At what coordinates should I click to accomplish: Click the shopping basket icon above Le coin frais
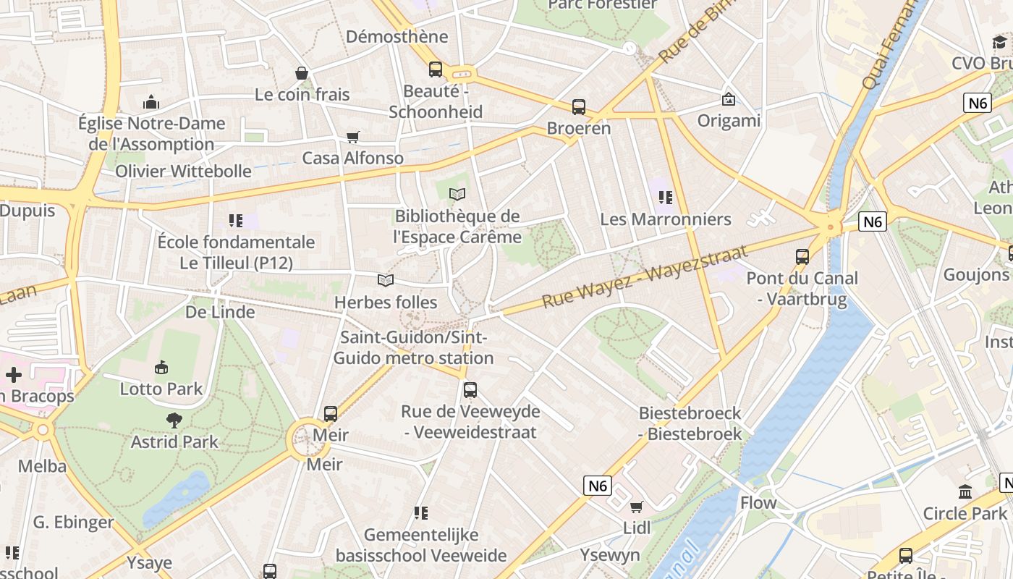pyautogui.click(x=302, y=73)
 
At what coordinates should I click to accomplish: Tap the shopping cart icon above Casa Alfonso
pyautogui.click(x=353, y=137)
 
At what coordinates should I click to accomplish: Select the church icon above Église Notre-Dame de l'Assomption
pyautogui.click(x=151, y=101)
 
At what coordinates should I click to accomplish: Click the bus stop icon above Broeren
pyautogui.click(x=579, y=107)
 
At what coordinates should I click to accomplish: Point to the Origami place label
pyautogui.click(x=729, y=120)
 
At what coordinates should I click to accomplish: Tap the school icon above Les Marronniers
pyautogui.click(x=666, y=197)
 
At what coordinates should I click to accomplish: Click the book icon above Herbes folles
pyautogui.click(x=386, y=280)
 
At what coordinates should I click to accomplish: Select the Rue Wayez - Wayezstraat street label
pyautogui.click(x=644, y=276)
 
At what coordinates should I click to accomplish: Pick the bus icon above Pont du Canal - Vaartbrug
pyautogui.click(x=802, y=256)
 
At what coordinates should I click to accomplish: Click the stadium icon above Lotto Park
pyautogui.click(x=161, y=367)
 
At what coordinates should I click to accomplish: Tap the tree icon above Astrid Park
pyautogui.click(x=174, y=420)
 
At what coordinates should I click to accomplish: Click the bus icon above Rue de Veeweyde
pyautogui.click(x=470, y=390)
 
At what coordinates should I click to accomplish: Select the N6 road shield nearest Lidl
pyautogui.click(x=598, y=486)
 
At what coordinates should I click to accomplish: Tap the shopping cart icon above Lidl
pyautogui.click(x=637, y=507)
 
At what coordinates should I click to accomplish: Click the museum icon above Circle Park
pyautogui.click(x=965, y=492)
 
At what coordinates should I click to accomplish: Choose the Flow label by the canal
pyautogui.click(x=758, y=502)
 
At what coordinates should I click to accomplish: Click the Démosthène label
pyautogui.click(x=397, y=36)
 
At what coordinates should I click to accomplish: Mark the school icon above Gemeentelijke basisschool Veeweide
pyautogui.click(x=421, y=513)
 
